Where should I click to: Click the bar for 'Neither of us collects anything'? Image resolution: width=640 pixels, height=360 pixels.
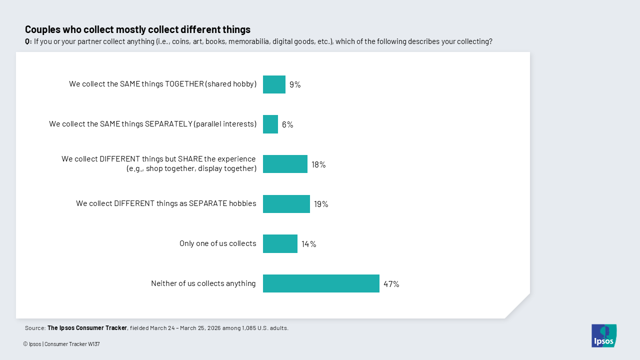tap(321, 283)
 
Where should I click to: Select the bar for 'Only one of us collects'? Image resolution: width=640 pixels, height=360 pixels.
tap(280, 243)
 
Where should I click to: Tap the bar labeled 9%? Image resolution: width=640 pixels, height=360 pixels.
tap(274, 84)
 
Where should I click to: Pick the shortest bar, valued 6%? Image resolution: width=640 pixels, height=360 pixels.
tap(270, 124)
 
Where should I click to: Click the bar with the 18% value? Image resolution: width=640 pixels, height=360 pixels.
tap(285, 164)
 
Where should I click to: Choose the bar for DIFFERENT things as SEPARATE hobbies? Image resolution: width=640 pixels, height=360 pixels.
tap(286, 204)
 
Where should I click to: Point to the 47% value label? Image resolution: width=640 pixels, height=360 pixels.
tap(391, 284)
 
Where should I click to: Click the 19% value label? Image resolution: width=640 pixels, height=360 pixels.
tap(321, 204)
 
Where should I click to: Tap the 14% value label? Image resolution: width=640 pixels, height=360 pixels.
tap(308, 244)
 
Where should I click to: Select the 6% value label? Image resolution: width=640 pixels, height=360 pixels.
tap(287, 124)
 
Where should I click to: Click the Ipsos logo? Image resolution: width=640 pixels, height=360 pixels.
tap(604, 335)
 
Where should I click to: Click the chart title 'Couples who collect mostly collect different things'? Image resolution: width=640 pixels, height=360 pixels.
tap(137, 29)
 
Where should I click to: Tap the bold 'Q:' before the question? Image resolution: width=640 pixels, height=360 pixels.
tap(28, 41)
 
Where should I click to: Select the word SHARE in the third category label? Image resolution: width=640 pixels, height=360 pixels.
tap(190, 159)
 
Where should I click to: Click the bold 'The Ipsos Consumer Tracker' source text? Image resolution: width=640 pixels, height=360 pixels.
tap(87, 328)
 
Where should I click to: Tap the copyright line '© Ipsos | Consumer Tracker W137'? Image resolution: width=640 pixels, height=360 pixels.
tap(61, 344)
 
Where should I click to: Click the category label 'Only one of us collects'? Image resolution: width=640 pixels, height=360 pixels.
tap(218, 243)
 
